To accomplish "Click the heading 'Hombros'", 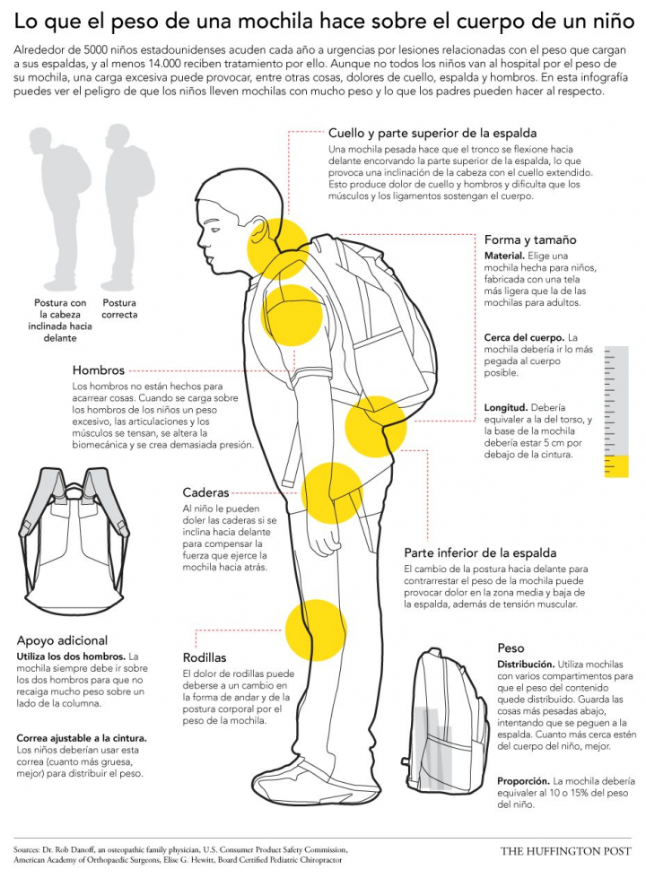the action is pyautogui.click(x=98, y=370).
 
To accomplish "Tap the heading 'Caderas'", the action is pyautogui.click(x=205, y=492).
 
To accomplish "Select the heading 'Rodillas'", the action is pyautogui.click(x=205, y=657).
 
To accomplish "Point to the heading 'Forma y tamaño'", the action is pyautogui.click(x=530, y=240).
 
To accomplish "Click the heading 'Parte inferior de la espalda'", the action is pyautogui.click(x=480, y=553).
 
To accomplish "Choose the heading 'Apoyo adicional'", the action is pyautogui.click(x=62, y=640).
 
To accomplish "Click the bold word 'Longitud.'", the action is pyautogui.click(x=506, y=408).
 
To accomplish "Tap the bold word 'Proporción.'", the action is pyautogui.click(x=523, y=781).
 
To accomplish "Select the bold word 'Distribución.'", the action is pyautogui.click(x=526, y=665).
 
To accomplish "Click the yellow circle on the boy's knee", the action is pyautogui.click(x=316, y=630).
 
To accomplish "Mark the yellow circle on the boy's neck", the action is pyautogui.click(x=278, y=248).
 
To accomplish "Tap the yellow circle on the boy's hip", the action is pyautogui.click(x=332, y=492).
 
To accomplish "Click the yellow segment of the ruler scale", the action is pyautogui.click(x=616, y=466).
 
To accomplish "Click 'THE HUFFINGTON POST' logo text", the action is pyautogui.click(x=566, y=851).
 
